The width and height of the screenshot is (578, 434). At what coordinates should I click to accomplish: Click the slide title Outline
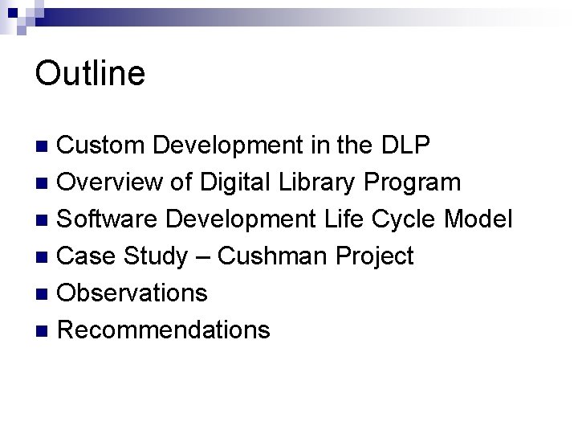[90, 73]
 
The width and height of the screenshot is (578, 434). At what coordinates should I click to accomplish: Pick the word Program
[412, 182]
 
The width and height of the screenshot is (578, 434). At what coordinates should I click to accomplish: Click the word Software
[108, 219]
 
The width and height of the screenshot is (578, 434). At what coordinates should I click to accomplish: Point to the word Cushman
[273, 256]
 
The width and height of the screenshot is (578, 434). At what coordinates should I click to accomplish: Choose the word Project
[374, 256]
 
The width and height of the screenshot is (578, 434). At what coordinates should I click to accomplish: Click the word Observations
[133, 293]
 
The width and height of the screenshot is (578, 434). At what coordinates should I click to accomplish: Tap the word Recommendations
[165, 330]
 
